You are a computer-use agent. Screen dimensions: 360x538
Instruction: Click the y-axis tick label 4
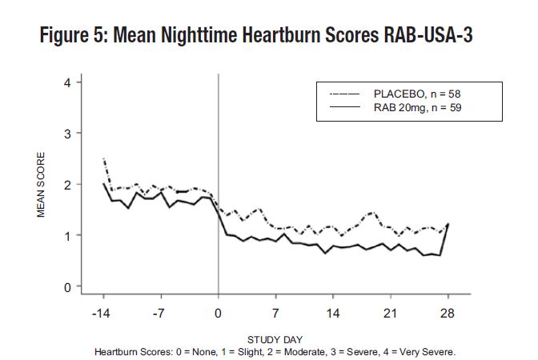tap(67, 82)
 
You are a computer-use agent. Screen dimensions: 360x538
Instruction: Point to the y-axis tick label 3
tap(67, 133)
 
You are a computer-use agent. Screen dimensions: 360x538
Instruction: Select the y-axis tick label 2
tap(67, 184)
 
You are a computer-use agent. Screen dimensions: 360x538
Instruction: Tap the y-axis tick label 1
tap(67, 235)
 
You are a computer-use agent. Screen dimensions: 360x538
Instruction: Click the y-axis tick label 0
tap(67, 286)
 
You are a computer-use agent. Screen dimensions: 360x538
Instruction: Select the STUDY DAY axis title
tap(275, 339)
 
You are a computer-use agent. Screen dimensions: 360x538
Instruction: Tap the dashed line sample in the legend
tap(345, 94)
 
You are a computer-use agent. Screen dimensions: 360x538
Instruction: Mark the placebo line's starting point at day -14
tap(103, 159)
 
